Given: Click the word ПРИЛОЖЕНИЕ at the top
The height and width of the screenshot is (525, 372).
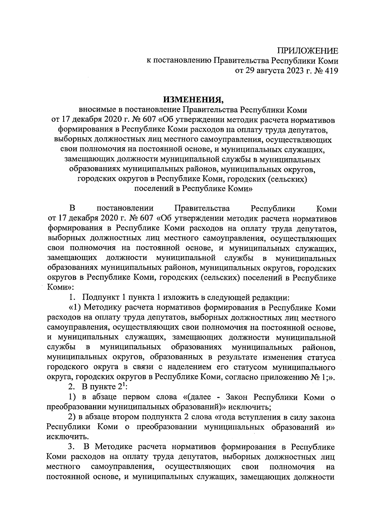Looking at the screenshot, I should click(308, 51).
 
